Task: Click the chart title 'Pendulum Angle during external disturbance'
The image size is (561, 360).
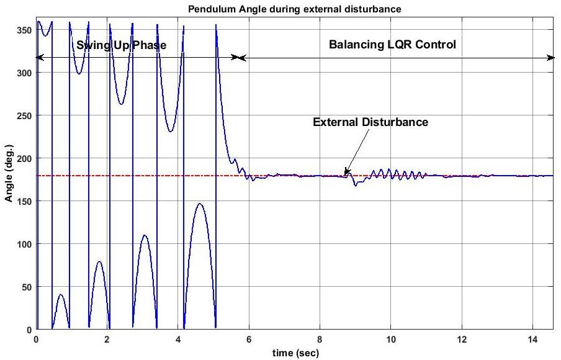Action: pos(294,9)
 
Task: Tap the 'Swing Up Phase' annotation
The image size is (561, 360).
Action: pos(121,45)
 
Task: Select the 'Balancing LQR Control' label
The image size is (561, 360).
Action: pos(392,44)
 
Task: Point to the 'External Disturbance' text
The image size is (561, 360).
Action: pos(370,122)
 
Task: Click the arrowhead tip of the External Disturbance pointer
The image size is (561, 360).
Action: pos(344,175)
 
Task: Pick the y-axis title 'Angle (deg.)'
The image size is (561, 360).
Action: pos(9,173)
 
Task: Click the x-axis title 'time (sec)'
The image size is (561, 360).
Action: pos(295,353)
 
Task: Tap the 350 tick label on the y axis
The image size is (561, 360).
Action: pos(24,30)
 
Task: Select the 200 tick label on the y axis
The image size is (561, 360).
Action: pos(24,158)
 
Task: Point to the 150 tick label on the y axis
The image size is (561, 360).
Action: pos(24,202)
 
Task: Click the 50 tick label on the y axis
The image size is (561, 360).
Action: pos(27,287)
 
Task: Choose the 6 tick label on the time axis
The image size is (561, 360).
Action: pos(249,340)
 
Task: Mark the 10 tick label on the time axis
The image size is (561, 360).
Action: pos(391,340)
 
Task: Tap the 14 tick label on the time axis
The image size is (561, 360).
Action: pos(533,340)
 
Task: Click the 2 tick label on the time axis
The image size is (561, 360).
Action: pos(107,340)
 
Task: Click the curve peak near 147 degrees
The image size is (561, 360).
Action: pos(200,204)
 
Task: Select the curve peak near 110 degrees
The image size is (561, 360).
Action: pos(144,235)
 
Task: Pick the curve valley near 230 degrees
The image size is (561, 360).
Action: pos(170,132)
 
